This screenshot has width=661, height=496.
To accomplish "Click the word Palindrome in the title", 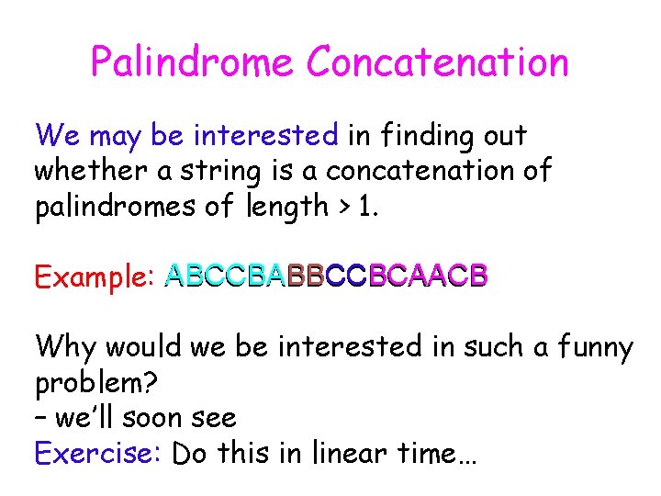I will tap(192, 62).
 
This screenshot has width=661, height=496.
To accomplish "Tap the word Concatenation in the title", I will tap(438, 62).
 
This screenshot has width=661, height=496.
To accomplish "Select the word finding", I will tap(423, 136).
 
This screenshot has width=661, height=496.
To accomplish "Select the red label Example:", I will tap(93, 276).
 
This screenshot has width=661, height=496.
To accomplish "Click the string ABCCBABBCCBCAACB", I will tap(326, 276).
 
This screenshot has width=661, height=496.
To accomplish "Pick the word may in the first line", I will tap(116, 136).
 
